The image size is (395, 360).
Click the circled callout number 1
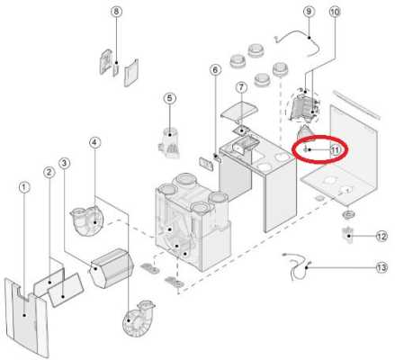pos(24,187)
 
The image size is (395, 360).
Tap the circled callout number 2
pos(49,172)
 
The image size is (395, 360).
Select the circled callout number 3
pos(64,163)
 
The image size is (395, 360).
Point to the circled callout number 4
pos(94,143)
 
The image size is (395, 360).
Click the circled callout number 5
pos(170,98)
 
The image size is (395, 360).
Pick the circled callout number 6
pos(215,70)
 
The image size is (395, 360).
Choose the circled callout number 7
pos(241,87)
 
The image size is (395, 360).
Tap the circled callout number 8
pos(116,12)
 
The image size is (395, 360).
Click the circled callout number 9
pos(309,12)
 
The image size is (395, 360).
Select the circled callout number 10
pos(335,12)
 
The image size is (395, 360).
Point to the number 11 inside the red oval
pos(336,149)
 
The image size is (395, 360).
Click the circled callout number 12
pos(382,237)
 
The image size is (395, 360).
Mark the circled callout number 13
pos(382,267)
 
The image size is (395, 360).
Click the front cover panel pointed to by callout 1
pos(25,318)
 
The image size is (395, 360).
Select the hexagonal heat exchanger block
pos(112,267)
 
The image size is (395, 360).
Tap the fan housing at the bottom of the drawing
pos(138,319)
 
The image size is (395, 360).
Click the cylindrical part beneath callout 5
pos(169,142)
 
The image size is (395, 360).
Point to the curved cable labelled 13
pos(297,266)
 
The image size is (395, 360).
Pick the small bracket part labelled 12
pos(347,235)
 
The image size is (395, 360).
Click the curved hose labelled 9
pos(298,42)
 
